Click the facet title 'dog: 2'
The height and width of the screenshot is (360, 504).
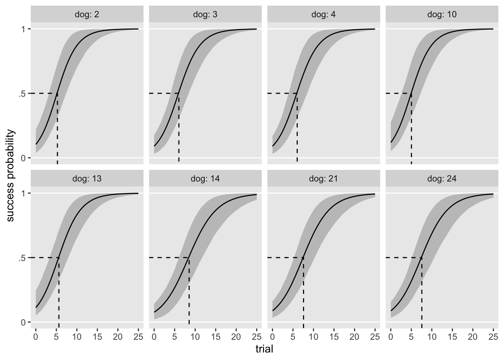(x=87, y=15)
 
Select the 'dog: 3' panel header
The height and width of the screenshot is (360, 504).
(x=205, y=15)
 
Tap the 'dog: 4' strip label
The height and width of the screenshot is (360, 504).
(x=324, y=15)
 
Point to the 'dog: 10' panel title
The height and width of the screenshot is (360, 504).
(x=442, y=15)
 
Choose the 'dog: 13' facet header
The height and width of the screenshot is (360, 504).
(x=87, y=179)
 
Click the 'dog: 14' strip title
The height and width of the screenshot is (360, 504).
(x=205, y=179)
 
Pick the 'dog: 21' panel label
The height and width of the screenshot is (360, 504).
(x=324, y=179)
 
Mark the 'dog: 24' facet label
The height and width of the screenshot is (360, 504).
(x=442, y=179)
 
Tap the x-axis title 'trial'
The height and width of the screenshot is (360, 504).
(x=264, y=349)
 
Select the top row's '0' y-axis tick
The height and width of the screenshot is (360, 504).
(x=23, y=158)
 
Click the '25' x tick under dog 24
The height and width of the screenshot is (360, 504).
(x=493, y=336)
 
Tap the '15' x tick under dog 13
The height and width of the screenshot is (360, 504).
(x=97, y=336)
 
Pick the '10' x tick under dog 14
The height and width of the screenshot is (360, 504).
(x=195, y=336)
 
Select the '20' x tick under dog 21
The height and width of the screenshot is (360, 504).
(x=354, y=336)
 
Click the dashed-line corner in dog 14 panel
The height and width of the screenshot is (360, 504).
(x=189, y=258)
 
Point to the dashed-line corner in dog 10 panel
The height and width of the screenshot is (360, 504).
(x=411, y=93)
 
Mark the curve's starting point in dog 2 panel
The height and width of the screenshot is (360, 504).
(x=36, y=144)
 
